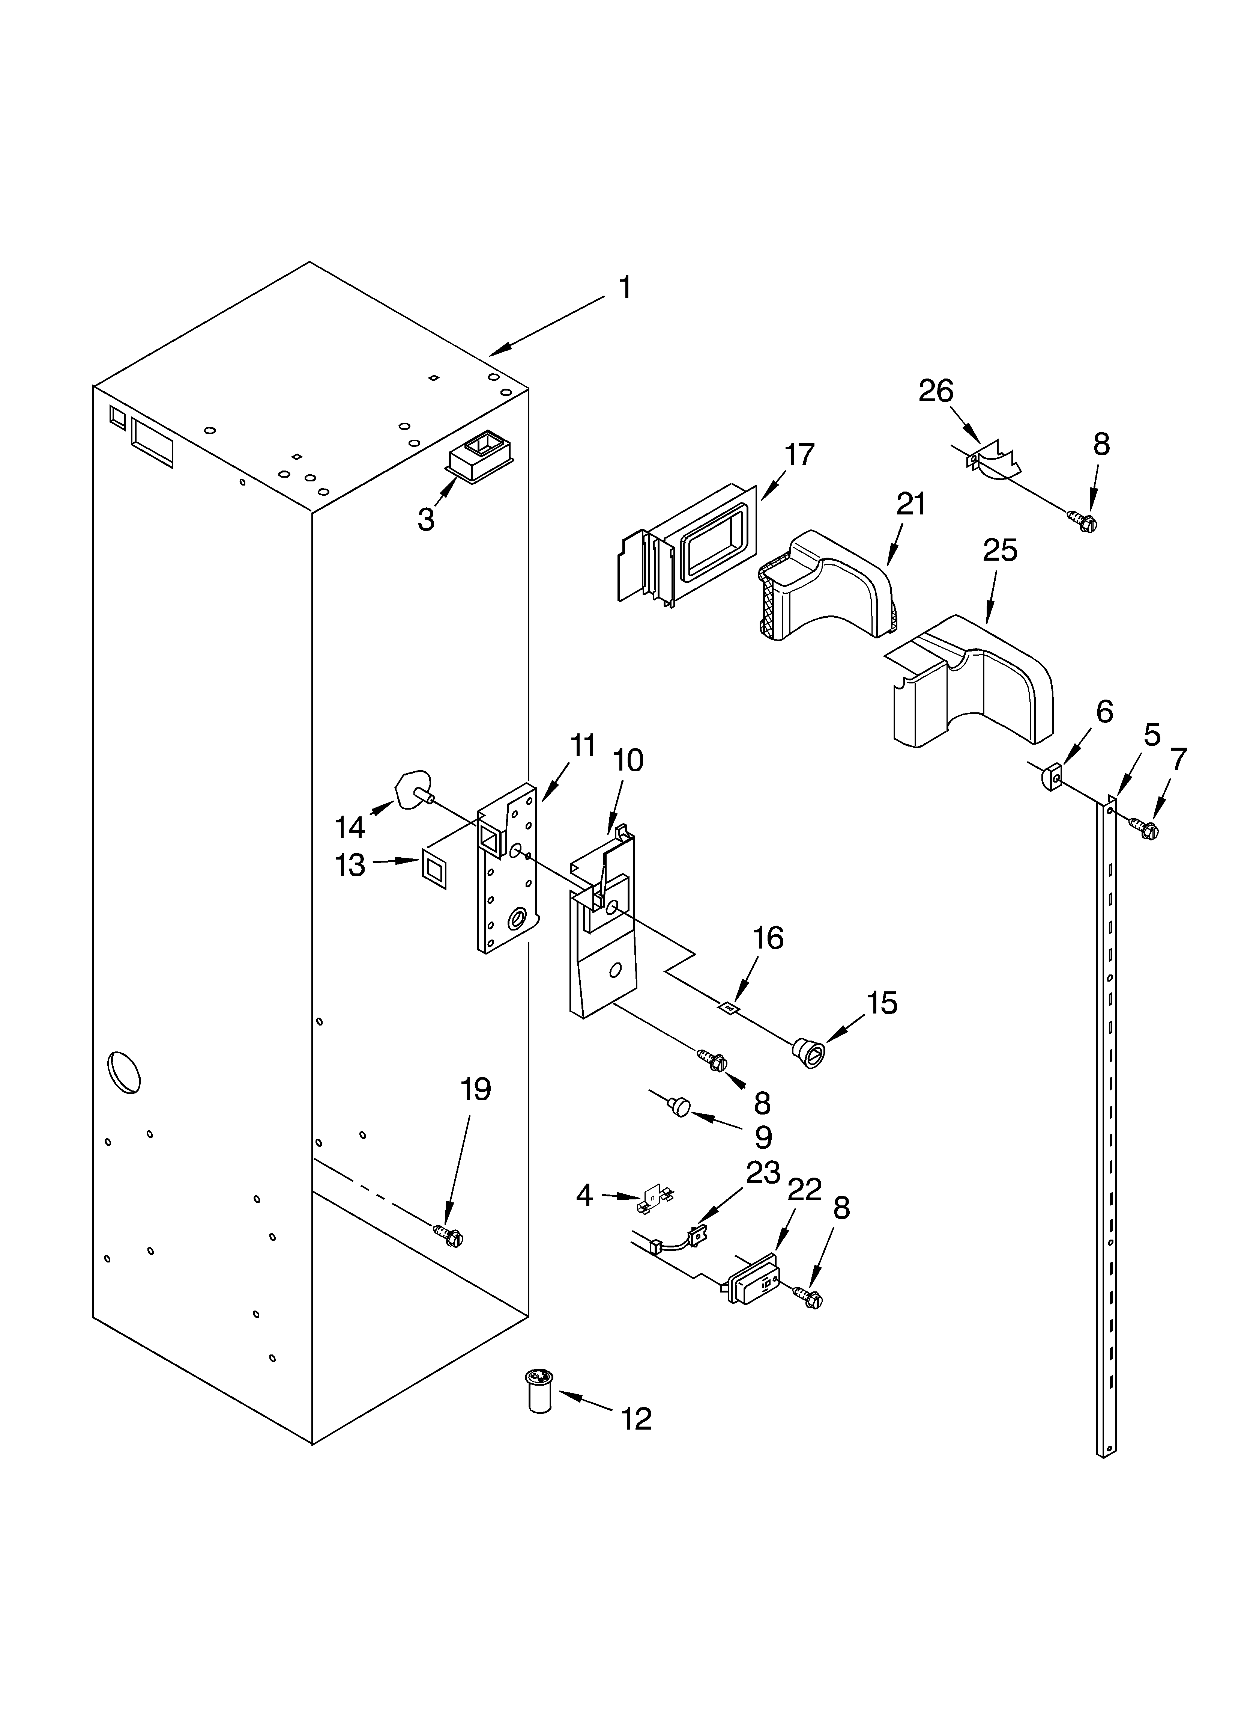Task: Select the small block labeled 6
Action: click(1052, 778)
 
